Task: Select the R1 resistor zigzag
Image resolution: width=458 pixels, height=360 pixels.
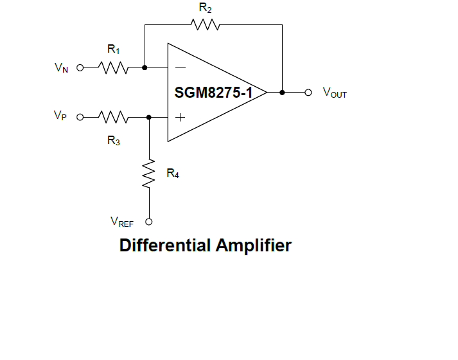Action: point(114,67)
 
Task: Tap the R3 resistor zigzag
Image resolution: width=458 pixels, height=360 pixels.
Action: point(114,118)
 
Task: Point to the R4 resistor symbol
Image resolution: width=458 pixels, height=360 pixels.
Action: point(149,174)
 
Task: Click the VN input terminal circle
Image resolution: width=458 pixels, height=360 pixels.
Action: point(80,67)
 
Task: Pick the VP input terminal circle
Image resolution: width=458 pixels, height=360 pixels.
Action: point(80,118)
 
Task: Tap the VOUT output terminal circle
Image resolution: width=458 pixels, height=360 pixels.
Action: point(308,93)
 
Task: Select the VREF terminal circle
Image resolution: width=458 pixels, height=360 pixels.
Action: point(149,222)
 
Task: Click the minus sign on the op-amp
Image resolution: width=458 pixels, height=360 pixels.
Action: point(181,67)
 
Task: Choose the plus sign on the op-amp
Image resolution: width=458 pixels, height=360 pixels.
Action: point(181,118)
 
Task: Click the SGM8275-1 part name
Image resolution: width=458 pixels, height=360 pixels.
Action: point(213,93)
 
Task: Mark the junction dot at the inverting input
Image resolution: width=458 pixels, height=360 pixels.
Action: point(145,67)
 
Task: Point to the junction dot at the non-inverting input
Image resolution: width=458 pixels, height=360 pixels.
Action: point(149,118)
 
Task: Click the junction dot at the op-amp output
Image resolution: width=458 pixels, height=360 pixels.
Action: point(282,93)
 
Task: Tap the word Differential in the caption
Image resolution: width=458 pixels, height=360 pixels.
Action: point(165,246)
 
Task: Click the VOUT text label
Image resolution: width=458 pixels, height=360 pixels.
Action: point(335,94)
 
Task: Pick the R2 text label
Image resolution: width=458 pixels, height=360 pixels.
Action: point(205,8)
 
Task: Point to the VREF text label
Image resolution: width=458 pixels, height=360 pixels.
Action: point(122,222)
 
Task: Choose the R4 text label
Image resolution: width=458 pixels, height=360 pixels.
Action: point(173,174)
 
